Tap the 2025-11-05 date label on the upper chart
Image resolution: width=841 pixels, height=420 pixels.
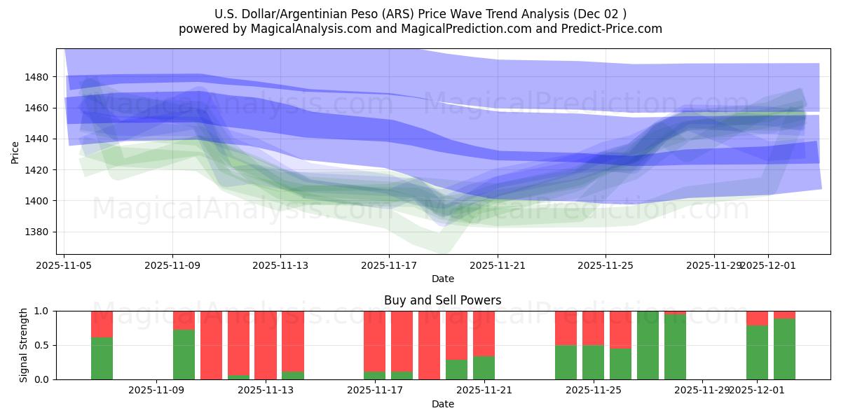(64, 266)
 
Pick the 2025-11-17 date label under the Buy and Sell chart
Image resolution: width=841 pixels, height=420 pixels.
(375, 391)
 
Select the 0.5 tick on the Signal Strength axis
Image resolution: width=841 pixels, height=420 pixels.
(42, 346)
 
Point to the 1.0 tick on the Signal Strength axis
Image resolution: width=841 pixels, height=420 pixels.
(42, 311)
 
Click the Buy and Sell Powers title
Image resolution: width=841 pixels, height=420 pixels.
(442, 300)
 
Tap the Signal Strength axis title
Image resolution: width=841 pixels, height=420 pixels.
(24, 345)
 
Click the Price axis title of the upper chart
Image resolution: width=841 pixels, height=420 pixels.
(15, 152)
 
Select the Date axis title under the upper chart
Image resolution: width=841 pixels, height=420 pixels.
(442, 279)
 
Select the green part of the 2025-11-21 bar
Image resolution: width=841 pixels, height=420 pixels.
(484, 368)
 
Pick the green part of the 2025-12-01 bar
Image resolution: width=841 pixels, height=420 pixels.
(757, 353)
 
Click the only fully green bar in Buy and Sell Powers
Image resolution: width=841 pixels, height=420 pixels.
(648, 345)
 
